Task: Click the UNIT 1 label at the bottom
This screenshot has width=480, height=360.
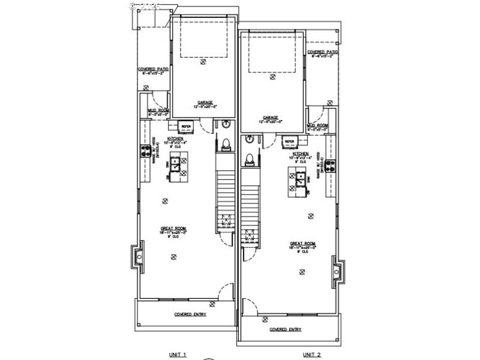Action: [178, 355]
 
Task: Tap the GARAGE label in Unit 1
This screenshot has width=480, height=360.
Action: [204, 102]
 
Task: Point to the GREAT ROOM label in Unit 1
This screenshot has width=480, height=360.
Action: [172, 228]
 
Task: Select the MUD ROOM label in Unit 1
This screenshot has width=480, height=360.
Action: [158, 110]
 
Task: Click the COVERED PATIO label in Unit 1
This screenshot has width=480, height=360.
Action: [153, 69]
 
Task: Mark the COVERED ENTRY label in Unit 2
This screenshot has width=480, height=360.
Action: [286, 329]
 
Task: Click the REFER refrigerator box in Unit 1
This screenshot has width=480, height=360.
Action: [185, 127]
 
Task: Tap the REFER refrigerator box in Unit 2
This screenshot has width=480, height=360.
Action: [290, 142]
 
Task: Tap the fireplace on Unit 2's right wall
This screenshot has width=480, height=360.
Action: [339, 272]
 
